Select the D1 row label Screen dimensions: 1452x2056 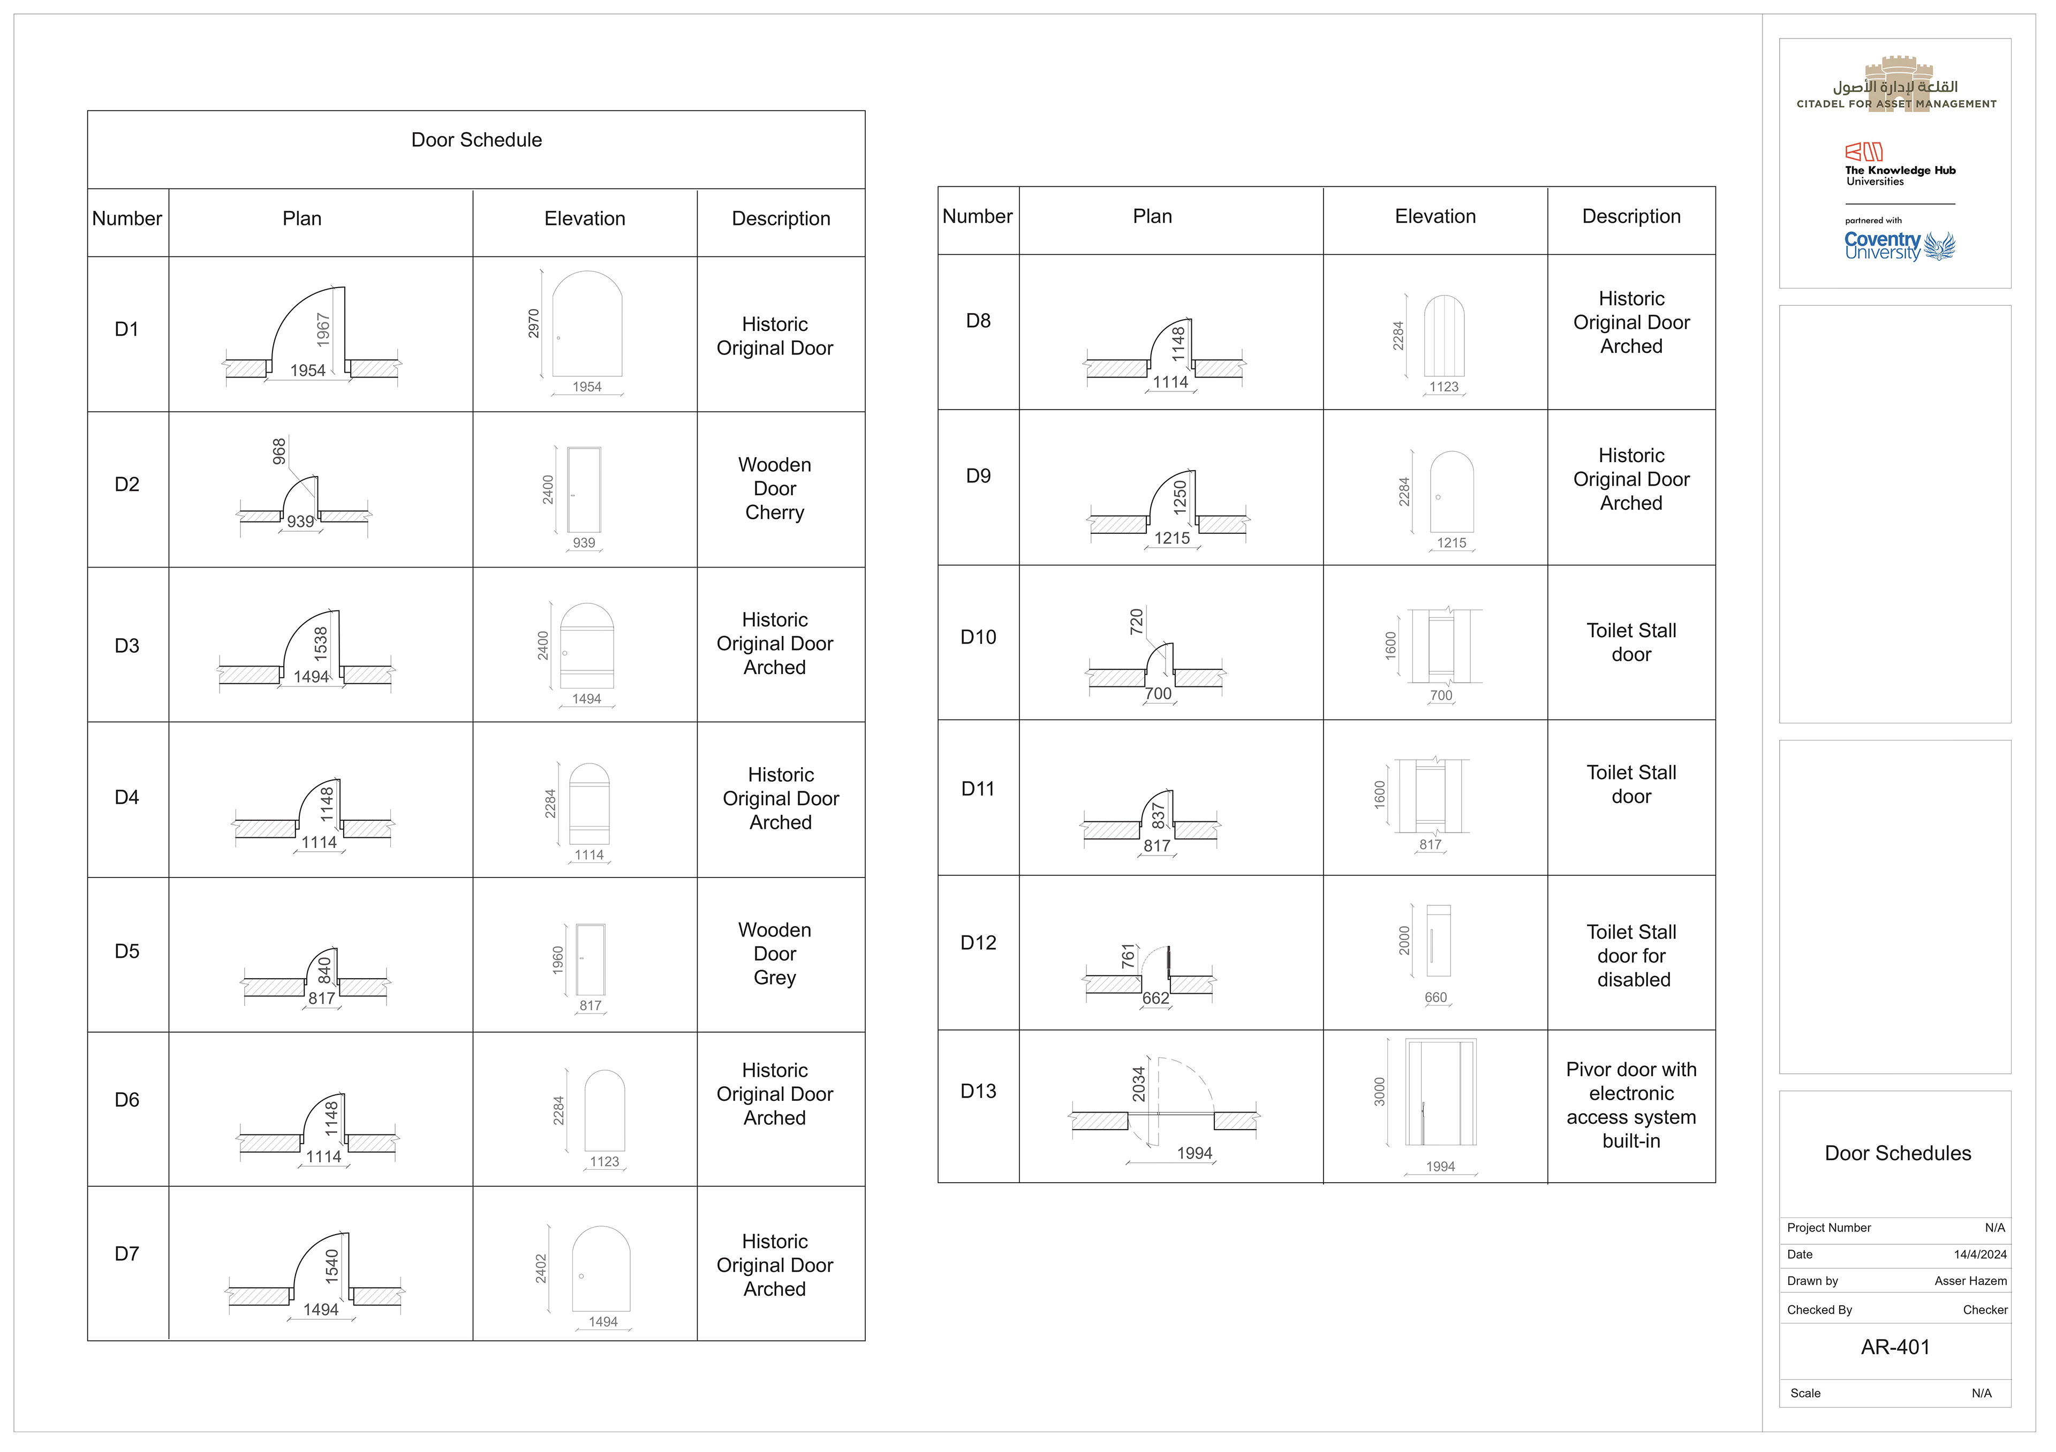(127, 329)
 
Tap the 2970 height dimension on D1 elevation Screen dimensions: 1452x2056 (534, 323)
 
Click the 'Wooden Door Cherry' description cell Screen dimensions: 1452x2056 (775, 489)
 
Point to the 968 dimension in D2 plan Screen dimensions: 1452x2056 (279, 451)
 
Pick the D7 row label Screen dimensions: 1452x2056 (127, 1254)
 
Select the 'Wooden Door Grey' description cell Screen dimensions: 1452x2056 (775, 954)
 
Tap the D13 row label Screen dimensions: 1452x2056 (978, 1091)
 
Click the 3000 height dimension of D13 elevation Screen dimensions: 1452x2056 (1379, 1092)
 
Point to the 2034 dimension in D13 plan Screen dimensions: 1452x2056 (1138, 1084)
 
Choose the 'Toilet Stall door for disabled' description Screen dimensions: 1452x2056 (1631, 956)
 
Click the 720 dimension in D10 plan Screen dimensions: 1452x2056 (1136, 621)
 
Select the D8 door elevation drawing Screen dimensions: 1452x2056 (1443, 337)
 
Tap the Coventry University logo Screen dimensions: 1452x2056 (1899, 245)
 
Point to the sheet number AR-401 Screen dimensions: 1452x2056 (1895, 1347)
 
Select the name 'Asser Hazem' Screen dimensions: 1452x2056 (1970, 1281)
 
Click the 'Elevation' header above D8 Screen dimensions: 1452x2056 (1434, 217)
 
